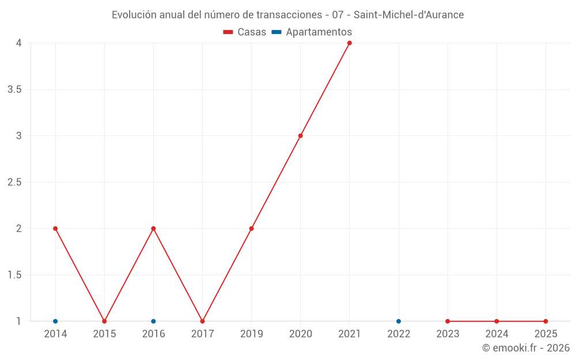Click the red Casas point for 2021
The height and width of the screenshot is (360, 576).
point(350,43)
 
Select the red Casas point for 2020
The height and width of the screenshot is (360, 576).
point(301,136)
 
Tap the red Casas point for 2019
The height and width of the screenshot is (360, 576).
point(252,229)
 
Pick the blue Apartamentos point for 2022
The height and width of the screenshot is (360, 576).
point(399,321)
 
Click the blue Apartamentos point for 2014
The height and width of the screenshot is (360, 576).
point(55,321)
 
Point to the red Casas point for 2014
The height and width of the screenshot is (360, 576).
point(55,229)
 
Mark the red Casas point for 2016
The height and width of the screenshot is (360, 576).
point(153,229)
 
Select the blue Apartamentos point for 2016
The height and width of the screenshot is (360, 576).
point(153,321)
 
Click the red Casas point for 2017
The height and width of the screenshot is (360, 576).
point(202,321)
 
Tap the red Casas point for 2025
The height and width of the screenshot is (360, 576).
point(545,321)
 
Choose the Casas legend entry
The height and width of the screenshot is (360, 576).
point(245,32)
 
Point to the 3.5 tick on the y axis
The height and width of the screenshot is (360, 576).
point(14,89)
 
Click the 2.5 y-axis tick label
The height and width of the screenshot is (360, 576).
point(14,182)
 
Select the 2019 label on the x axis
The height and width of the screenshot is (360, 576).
point(252,334)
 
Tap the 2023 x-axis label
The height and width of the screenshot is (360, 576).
point(448,334)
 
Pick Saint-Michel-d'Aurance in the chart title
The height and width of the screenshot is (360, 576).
point(408,15)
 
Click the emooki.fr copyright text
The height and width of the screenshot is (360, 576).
point(526,348)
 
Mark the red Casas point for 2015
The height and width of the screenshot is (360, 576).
point(104,321)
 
